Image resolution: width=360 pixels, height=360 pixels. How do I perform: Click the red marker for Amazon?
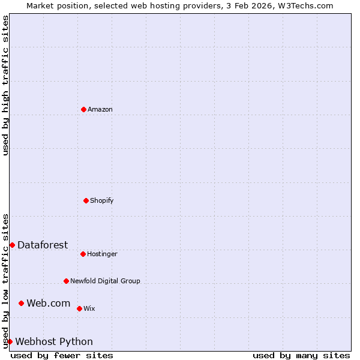pos(83,109)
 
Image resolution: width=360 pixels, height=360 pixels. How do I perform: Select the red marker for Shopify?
pos(86,200)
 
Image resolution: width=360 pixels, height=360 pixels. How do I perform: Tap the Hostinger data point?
pos(83,254)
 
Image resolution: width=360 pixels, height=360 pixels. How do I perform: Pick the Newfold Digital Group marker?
pos(66,281)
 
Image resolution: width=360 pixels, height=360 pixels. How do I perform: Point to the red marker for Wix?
pos(79,308)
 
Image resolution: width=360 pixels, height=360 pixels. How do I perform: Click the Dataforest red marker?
pos(12,245)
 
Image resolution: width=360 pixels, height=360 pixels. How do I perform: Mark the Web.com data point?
pos(21,303)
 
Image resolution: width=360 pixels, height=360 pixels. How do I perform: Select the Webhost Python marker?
pos(10,341)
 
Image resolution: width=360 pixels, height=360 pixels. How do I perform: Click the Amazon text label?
pos(100,109)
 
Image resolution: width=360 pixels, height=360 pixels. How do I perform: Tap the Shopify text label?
pos(102,200)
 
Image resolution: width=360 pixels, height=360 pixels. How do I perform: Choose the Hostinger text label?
pos(103,254)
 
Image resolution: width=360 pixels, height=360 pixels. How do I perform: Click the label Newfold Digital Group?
pos(105,281)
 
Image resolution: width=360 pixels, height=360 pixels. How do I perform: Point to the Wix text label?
pos(89,308)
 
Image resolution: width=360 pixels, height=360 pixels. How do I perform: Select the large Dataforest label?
pos(43,245)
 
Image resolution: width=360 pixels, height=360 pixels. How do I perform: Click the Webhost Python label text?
pos(54,341)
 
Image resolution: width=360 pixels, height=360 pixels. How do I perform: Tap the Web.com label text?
pos(49,303)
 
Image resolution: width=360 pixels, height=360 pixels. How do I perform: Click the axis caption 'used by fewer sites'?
pos(62,355)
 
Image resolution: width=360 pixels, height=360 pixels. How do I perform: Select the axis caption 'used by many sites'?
pos(301,355)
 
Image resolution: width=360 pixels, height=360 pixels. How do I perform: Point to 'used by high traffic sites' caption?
pos(5,85)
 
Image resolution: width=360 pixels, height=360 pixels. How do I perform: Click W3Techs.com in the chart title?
pos(304,5)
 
